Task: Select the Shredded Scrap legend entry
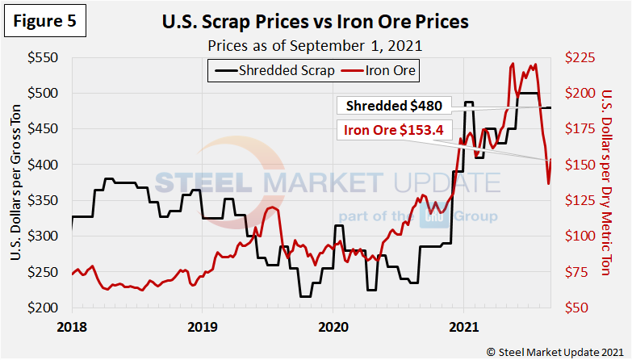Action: point(277,70)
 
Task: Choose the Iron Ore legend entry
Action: point(382,70)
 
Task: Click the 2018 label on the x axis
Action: point(72,326)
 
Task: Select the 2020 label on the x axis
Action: point(333,326)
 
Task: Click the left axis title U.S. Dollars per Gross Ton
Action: point(17,183)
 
